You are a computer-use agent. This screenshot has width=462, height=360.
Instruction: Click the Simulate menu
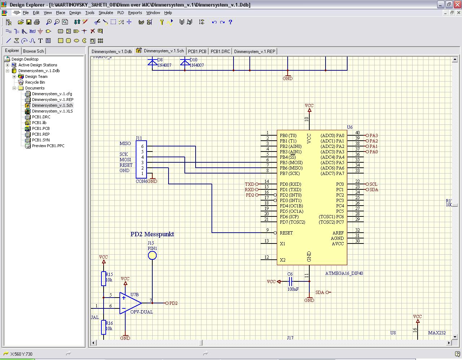pos(106,13)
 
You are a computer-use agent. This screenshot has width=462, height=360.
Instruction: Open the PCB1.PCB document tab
pos(197,51)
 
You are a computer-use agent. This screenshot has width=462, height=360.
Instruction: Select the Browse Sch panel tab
pos(34,51)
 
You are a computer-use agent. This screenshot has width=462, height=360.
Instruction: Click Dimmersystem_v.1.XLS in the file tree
pos(52,111)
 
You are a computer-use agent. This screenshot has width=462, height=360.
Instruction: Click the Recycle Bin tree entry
pos(35,82)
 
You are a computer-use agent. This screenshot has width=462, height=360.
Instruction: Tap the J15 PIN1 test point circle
pos(152,256)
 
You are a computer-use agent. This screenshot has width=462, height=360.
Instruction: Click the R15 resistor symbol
pos(104,278)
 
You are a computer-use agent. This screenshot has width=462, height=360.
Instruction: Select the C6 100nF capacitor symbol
pos(291,281)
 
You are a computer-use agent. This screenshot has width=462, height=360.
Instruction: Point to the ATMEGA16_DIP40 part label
pos(344,273)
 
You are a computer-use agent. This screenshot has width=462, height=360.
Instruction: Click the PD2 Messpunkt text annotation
pos(152,234)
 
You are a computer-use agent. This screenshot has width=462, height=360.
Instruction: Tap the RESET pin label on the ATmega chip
pos(286,233)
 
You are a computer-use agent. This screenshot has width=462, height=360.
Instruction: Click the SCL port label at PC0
pos(373,184)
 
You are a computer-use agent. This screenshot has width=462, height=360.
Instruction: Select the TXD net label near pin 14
pos(250,184)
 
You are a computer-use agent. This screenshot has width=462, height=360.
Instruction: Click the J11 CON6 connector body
pos(141,159)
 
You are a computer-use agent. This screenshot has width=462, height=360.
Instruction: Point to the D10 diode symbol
pos(185,62)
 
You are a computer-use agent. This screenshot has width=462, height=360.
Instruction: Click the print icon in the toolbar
pos(36,22)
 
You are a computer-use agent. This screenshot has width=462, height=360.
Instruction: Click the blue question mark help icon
pos(230,22)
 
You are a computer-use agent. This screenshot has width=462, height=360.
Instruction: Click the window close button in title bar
pos(457,5)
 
